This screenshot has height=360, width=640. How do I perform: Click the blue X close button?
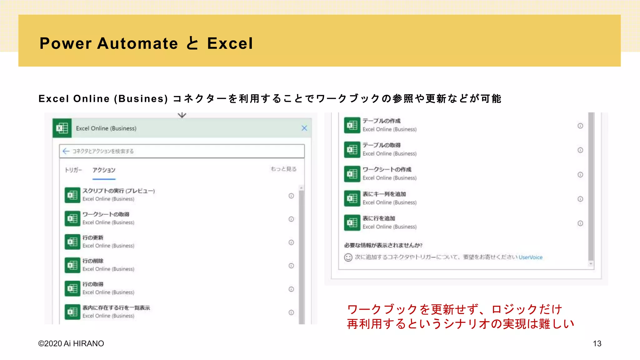tap(304, 128)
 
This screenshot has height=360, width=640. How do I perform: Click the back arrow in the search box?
tap(66, 151)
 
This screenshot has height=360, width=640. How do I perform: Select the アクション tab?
tap(104, 170)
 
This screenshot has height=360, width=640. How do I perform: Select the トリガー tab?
tap(73, 170)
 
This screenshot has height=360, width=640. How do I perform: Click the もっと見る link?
tap(283, 169)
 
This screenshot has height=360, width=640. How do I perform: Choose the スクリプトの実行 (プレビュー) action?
tap(118, 191)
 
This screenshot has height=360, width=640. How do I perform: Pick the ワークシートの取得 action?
tap(106, 214)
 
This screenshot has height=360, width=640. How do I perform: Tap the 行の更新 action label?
tap(93, 238)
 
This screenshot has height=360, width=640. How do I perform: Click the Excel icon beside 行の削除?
tap(72, 265)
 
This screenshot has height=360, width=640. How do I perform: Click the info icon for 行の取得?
tap(291, 289)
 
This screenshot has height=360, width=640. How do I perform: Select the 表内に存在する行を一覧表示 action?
tap(116, 308)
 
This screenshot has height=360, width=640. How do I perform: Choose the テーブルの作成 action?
tap(381, 121)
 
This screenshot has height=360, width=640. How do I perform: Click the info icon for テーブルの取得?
tap(580, 150)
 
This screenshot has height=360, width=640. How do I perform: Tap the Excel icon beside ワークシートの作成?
tap(352, 174)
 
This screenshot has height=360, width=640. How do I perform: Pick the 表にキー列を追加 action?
tap(384, 194)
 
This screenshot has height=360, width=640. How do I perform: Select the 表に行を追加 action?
tap(379, 218)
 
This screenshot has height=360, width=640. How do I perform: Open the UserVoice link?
tap(530, 257)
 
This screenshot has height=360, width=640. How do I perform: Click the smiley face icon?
tap(348, 257)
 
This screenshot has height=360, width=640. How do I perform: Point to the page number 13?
tap(597, 343)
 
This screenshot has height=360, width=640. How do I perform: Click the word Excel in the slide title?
tap(230, 43)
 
